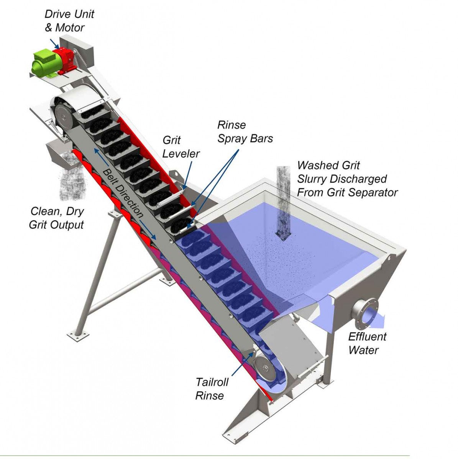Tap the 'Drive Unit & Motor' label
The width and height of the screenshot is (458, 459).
pos(69,21)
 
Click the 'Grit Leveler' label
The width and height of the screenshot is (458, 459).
pos(181,147)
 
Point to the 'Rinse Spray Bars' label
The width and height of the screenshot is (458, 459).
pos(245,132)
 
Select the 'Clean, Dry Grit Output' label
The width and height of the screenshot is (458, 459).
pos(56,218)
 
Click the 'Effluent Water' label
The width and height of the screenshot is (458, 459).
pos(367,343)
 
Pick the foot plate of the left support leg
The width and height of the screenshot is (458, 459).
pos(76,335)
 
